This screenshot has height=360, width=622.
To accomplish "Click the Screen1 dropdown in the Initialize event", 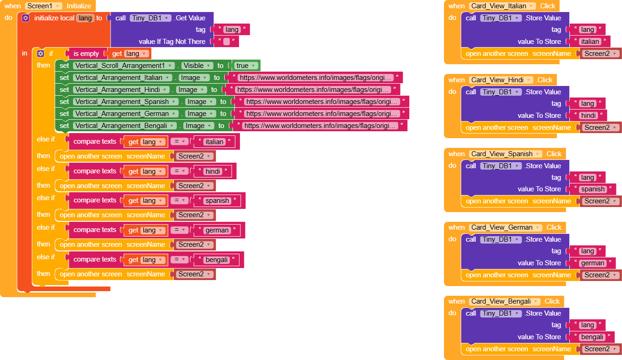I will (x=43, y=6).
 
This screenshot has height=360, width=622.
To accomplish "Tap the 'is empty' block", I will (x=86, y=54).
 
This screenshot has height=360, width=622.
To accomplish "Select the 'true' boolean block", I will (x=246, y=66).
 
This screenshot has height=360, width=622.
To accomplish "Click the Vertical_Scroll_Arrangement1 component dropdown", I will (x=124, y=66).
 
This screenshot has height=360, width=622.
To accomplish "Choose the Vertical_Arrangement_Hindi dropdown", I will (x=122, y=90).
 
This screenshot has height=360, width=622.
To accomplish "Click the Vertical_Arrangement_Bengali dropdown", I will (x=125, y=126).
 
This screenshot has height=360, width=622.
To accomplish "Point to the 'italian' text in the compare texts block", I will (x=214, y=142).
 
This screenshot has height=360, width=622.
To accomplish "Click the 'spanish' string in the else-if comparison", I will (x=217, y=201).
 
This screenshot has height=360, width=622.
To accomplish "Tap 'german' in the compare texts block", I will (x=217, y=230).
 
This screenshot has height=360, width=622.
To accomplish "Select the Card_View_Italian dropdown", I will (x=503, y=6).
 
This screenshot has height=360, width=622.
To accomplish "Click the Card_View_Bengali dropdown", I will (x=505, y=301).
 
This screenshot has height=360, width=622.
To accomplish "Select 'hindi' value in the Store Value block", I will (x=588, y=116).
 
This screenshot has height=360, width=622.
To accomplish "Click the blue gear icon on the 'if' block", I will (x=40, y=54).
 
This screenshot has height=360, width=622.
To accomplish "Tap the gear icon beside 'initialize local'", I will (x=25, y=18).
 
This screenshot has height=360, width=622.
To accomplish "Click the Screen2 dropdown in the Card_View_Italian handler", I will (x=600, y=54).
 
